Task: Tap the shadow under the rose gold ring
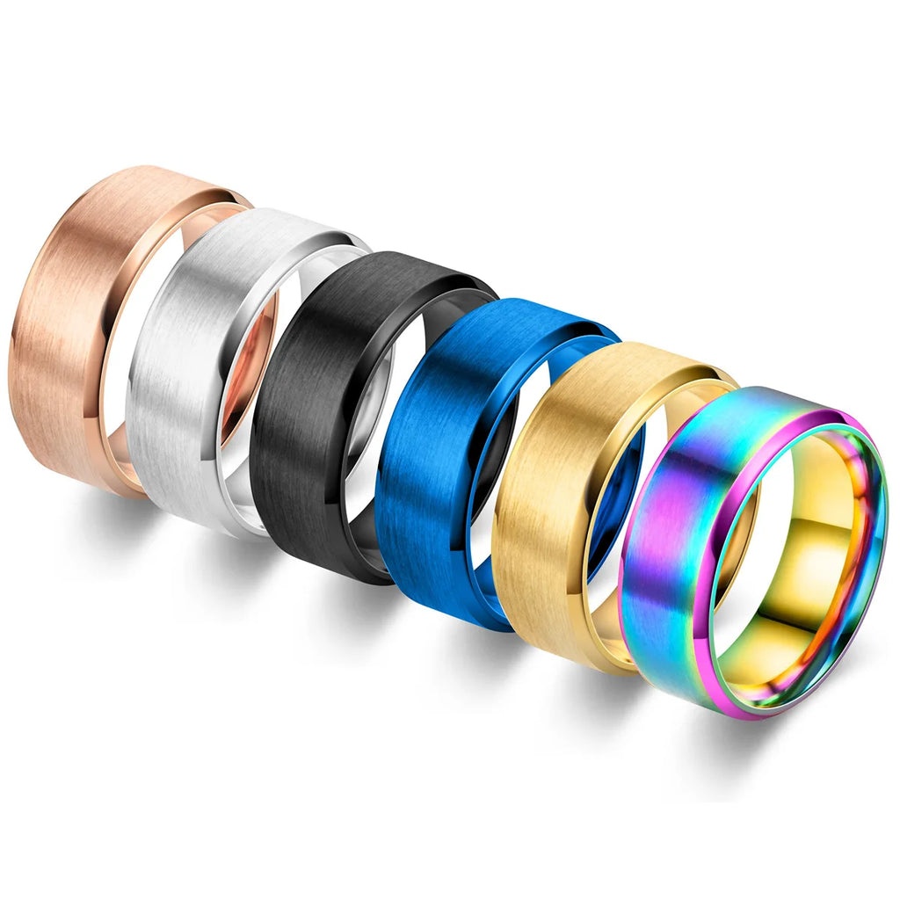click(97, 519)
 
